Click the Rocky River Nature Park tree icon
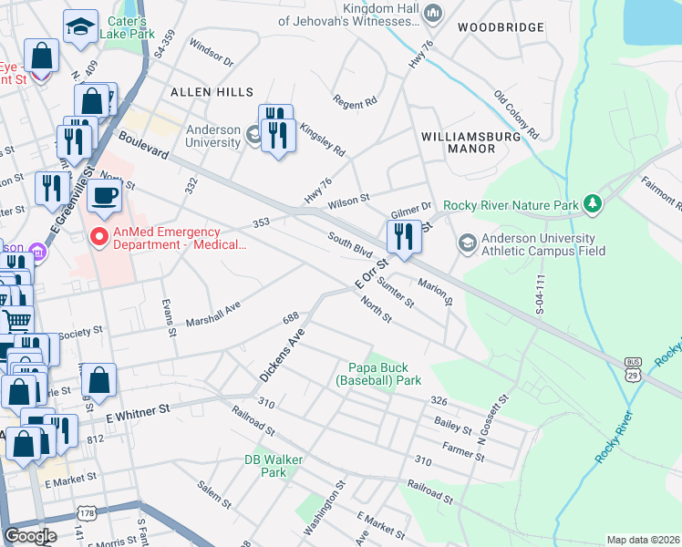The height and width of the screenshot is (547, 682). click(x=594, y=202)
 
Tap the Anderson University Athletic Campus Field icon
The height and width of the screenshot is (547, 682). click(x=468, y=242)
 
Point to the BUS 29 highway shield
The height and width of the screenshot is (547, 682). click(x=632, y=368)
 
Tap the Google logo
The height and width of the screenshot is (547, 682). click(x=30, y=536)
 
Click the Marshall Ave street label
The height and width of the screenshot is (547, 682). click(x=212, y=311)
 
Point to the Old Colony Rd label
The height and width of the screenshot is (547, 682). click(x=517, y=114)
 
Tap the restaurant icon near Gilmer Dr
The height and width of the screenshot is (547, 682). click(x=402, y=236)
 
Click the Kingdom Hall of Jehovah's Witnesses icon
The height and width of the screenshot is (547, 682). click(x=433, y=13)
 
